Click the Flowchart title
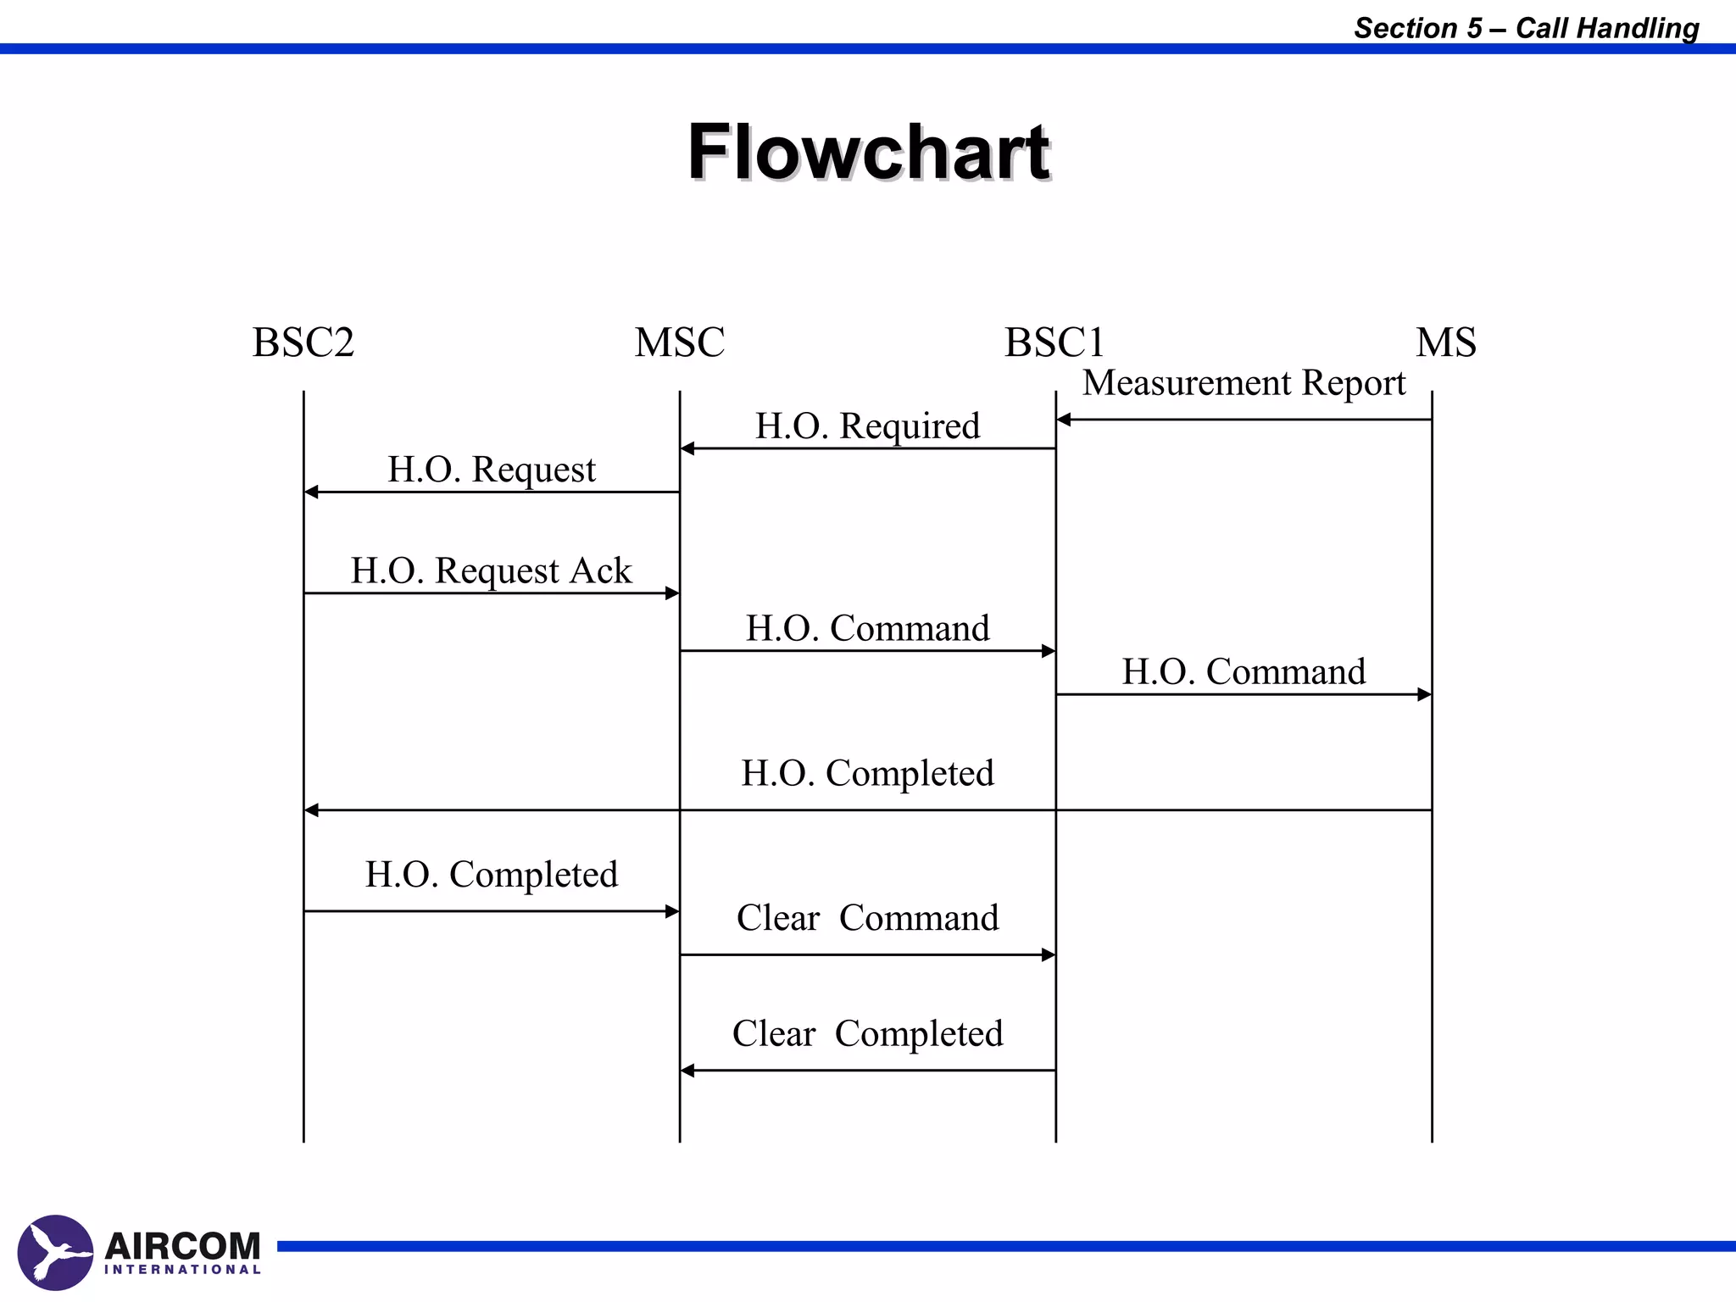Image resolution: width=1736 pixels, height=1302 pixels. (868, 153)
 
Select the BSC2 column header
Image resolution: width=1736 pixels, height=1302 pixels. (303, 342)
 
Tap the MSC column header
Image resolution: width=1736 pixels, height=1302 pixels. (679, 342)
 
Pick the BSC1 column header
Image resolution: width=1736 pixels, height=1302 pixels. (1054, 342)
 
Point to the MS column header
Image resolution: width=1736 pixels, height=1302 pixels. (1446, 342)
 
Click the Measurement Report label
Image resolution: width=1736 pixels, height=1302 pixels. (1244, 383)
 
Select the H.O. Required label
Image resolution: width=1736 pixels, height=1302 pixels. (867, 426)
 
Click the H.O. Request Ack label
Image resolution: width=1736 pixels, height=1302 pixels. (491, 570)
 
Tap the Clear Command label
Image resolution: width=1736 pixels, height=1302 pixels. (867, 918)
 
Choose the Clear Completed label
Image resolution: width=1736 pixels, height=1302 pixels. (867, 1033)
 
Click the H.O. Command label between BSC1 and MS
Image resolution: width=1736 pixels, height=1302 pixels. (1244, 671)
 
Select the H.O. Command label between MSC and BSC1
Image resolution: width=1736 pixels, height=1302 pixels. (867, 628)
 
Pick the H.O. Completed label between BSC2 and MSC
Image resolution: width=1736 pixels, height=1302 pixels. (491, 874)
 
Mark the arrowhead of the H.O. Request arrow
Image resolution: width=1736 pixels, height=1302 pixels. (311, 492)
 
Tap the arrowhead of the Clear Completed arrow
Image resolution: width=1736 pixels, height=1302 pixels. (687, 1071)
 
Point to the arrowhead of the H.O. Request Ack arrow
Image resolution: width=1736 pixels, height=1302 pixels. (672, 593)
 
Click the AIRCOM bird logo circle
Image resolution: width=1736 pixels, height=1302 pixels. (55, 1252)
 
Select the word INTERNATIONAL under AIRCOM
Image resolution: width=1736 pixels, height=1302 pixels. (182, 1270)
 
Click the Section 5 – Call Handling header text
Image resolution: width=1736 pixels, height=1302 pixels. (1526, 28)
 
